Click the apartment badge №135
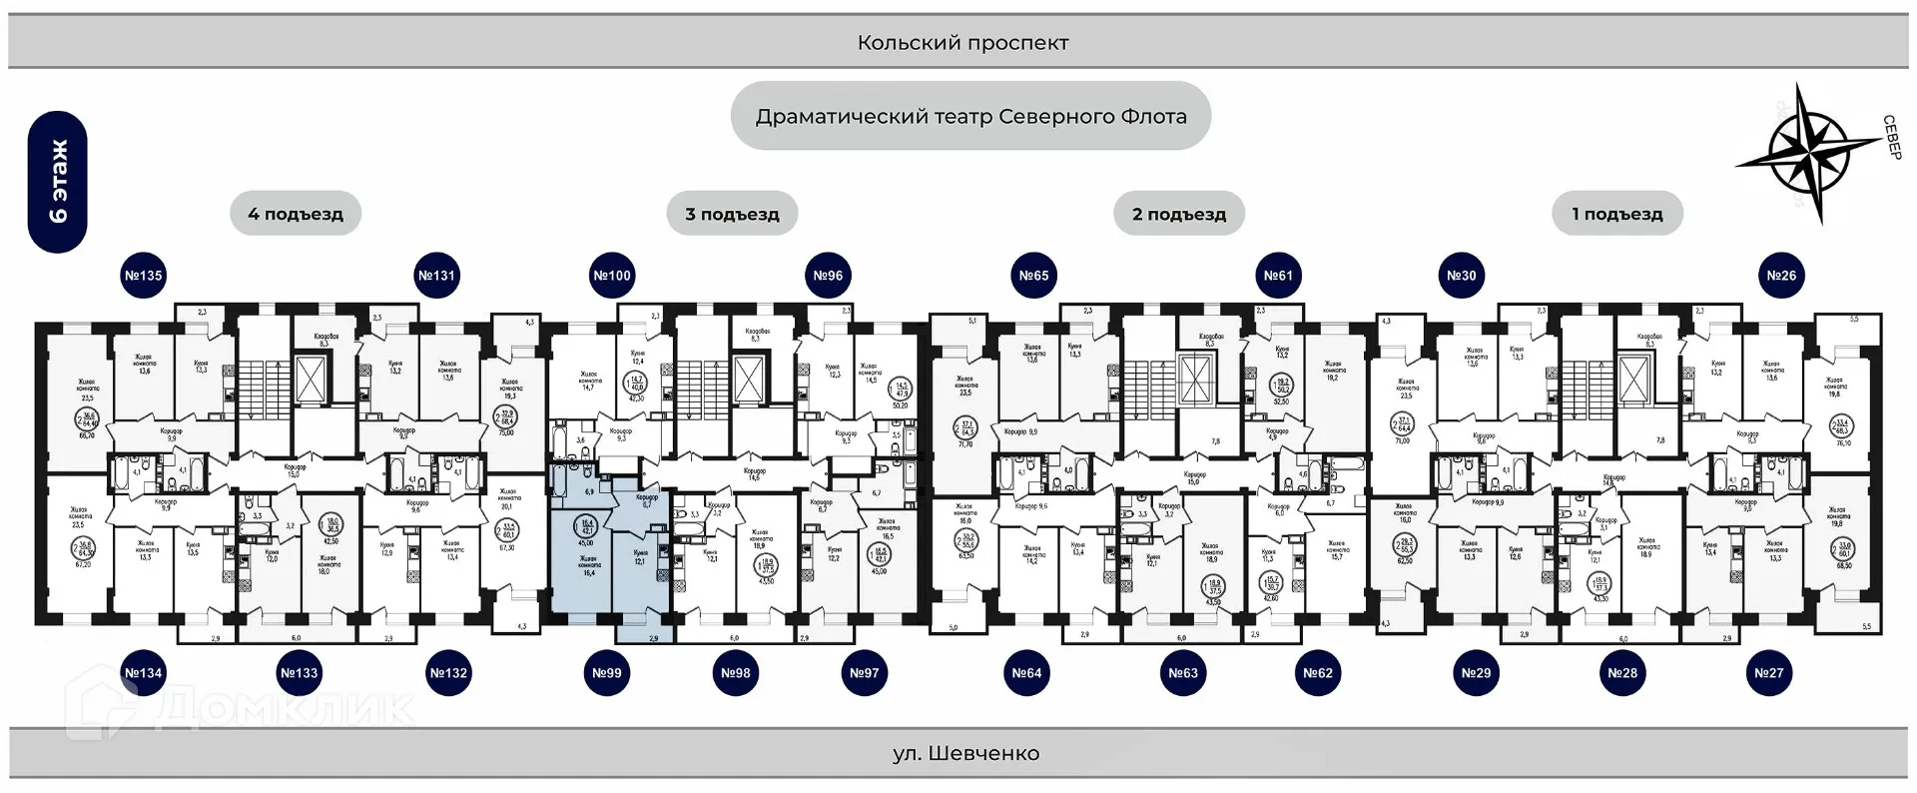tap(143, 276)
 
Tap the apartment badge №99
tap(607, 673)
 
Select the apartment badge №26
tap(1781, 276)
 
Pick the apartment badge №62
tap(1318, 673)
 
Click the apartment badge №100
tap(612, 276)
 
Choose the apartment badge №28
tap(1622, 673)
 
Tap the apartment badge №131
tap(436, 276)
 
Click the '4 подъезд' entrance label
tap(296, 214)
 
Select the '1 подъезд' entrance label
tap(1617, 214)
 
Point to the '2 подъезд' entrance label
tap(1179, 214)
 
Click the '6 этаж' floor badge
tap(58, 182)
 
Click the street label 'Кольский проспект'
tap(962, 43)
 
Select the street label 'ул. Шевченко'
tap(965, 754)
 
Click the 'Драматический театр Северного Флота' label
tap(970, 117)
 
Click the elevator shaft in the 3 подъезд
tap(749, 378)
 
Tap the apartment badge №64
tap(1026, 673)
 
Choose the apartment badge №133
tap(299, 673)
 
